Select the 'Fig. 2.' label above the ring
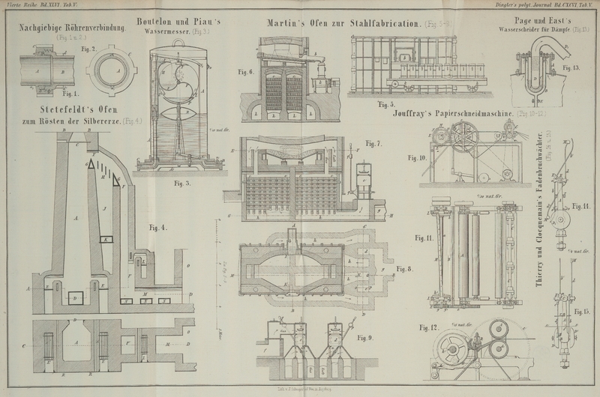88,49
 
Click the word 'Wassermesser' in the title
162,33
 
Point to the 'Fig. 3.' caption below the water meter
182,183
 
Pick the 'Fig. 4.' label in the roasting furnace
157,227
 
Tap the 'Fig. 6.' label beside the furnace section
246,72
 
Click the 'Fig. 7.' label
373,143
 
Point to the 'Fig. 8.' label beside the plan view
405,269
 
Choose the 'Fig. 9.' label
365,337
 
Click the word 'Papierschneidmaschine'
469,115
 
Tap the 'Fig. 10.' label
417,158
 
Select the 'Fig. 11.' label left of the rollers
424,237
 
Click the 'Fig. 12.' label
428,327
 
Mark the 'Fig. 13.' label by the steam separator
571,67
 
